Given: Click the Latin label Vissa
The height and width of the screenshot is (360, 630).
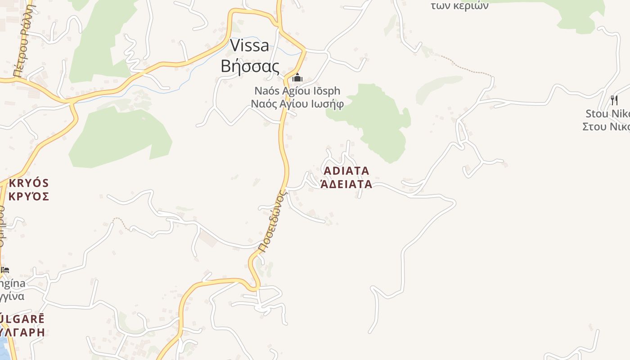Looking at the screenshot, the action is pyautogui.click(x=250, y=45).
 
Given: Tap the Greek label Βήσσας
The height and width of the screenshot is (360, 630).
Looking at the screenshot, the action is pyautogui.click(x=250, y=66).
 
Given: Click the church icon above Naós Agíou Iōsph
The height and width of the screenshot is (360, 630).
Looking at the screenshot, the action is pyautogui.click(x=297, y=78).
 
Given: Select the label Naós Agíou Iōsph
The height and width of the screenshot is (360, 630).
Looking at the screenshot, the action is pyautogui.click(x=297, y=91).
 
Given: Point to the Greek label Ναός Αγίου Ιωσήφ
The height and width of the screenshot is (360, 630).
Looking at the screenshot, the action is pyautogui.click(x=297, y=104).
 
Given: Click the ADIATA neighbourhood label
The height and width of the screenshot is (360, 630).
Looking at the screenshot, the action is pyautogui.click(x=346, y=171).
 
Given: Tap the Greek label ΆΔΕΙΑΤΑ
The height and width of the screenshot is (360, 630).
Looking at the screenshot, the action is pyautogui.click(x=346, y=184).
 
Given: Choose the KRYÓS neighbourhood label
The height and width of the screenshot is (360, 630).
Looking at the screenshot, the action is pyautogui.click(x=28, y=183).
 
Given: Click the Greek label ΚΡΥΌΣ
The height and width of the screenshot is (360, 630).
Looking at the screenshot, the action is pyautogui.click(x=28, y=196).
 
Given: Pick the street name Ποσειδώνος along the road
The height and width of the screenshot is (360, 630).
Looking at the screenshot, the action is pyautogui.click(x=273, y=221).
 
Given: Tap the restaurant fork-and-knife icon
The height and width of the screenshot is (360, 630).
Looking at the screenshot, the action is pyautogui.click(x=614, y=100).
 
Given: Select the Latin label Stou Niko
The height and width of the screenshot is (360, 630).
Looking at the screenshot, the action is pyautogui.click(x=607, y=113).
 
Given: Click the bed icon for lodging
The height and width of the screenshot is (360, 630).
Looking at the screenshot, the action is pyautogui.click(x=5, y=270).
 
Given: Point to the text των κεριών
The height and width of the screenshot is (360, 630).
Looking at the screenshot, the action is pyautogui.click(x=459, y=6).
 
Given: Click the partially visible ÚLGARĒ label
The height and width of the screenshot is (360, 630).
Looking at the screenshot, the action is pyautogui.click(x=22, y=319).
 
